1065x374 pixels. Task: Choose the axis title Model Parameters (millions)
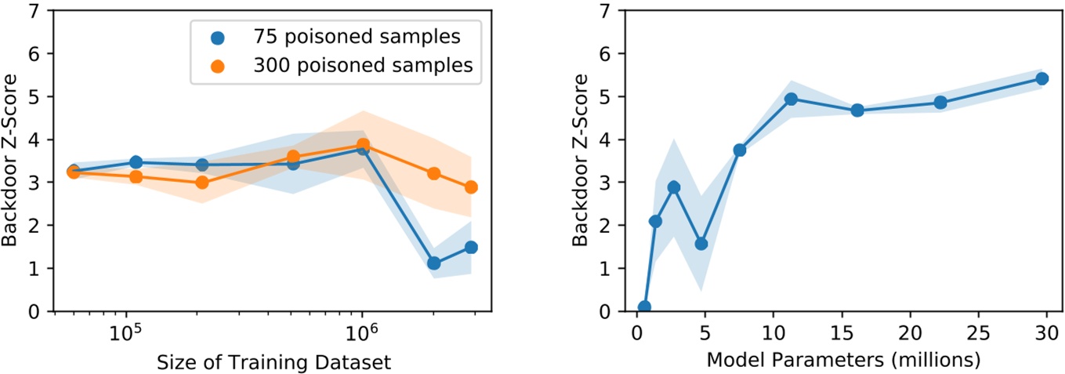point(844,361)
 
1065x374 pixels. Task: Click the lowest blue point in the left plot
point(434,263)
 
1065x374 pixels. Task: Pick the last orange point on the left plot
point(471,187)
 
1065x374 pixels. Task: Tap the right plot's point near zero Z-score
point(644,307)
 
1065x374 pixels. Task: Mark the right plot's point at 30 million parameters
point(1042,78)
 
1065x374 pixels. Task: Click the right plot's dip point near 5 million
point(701,244)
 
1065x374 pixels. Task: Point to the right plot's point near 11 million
point(791,99)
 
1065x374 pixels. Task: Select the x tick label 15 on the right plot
point(841,333)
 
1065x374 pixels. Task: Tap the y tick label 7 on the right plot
point(603,11)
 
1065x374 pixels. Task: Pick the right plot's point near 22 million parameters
point(940,103)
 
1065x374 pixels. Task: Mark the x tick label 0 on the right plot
point(636,333)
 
